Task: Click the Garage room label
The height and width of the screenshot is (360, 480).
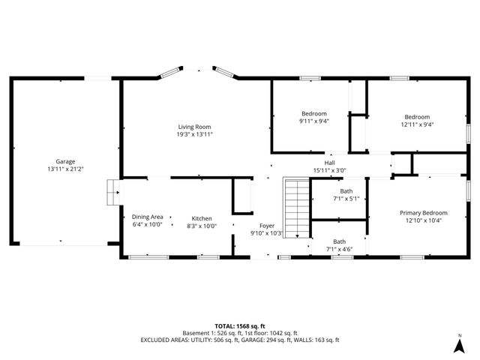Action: pyautogui.click(x=65, y=161)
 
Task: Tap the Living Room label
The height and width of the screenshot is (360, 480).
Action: pyautogui.click(x=194, y=127)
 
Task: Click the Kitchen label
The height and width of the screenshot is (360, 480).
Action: pyautogui.click(x=201, y=217)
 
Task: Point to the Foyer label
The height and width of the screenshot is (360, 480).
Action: pyautogui.click(x=267, y=226)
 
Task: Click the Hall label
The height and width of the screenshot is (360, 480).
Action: pyautogui.click(x=329, y=163)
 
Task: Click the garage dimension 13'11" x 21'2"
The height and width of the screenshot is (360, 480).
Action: pyautogui.click(x=65, y=169)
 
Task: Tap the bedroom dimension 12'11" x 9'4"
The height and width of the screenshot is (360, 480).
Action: pyautogui.click(x=417, y=124)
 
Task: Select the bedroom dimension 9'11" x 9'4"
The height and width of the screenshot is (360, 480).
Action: pyautogui.click(x=314, y=121)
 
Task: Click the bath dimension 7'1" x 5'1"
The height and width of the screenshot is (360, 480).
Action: pyautogui.click(x=346, y=199)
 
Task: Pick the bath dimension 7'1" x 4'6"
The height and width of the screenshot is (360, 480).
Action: pyautogui.click(x=340, y=249)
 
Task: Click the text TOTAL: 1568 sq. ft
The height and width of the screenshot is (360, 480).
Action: pyautogui.click(x=239, y=326)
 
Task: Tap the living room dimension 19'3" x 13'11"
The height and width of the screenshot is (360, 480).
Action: pyautogui.click(x=194, y=135)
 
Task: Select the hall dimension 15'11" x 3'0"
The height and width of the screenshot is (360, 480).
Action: pyautogui.click(x=329, y=171)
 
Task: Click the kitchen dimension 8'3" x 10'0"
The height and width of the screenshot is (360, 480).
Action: pyautogui.click(x=201, y=225)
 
